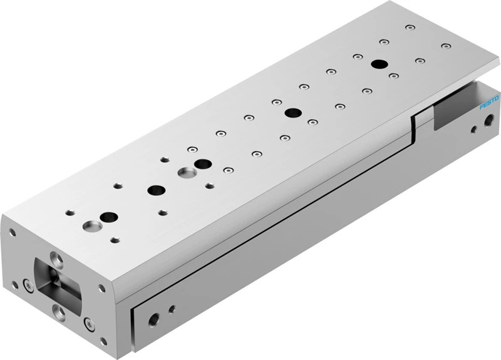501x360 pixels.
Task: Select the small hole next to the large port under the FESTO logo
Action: click(x=475, y=130)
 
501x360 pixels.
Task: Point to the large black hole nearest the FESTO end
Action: click(x=380, y=64)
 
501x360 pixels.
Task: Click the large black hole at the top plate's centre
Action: click(x=293, y=113)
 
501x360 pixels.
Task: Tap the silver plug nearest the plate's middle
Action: click(x=188, y=173)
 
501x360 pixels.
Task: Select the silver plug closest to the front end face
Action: click(x=93, y=226)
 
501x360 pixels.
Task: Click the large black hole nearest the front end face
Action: click(x=109, y=217)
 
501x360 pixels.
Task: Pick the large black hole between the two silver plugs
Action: click(x=157, y=190)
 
